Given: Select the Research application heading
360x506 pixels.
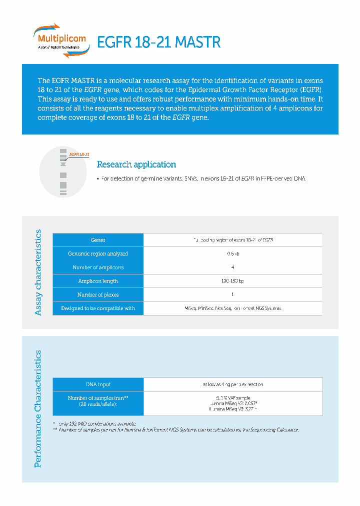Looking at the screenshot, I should pyautogui.click(x=136, y=164).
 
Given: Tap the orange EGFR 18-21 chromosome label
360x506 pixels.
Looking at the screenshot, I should pyautogui.click(x=79, y=154).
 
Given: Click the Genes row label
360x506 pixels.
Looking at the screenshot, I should pyautogui.click(x=98, y=240).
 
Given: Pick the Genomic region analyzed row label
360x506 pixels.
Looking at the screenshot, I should pyautogui.click(x=98, y=254).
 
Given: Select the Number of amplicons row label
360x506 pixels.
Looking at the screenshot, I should pyautogui.click(x=98, y=267).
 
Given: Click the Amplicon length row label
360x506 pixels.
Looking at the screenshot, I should pyautogui.click(x=98, y=281).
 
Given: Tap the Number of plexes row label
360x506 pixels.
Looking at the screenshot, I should pyautogui.click(x=98, y=294).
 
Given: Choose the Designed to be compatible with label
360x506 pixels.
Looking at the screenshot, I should pyautogui.click(x=98, y=308).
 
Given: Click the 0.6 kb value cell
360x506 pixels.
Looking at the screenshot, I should pyautogui.click(x=232, y=254).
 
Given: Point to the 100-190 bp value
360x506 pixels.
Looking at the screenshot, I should pyautogui.click(x=232, y=281).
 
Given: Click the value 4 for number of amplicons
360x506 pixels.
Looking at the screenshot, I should pyautogui.click(x=232, y=267).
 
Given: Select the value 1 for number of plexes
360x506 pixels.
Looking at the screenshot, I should pyautogui.click(x=232, y=294).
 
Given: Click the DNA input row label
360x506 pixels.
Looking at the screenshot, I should pyautogui.click(x=98, y=384).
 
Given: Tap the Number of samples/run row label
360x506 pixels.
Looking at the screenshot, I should pyautogui.click(x=98, y=401).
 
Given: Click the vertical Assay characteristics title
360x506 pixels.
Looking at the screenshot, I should pyautogui.click(x=38, y=272).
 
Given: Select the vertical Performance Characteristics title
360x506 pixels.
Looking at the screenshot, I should pyautogui.click(x=38, y=409).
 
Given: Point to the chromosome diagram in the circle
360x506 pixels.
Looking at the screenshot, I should pyautogui.click(x=63, y=171).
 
